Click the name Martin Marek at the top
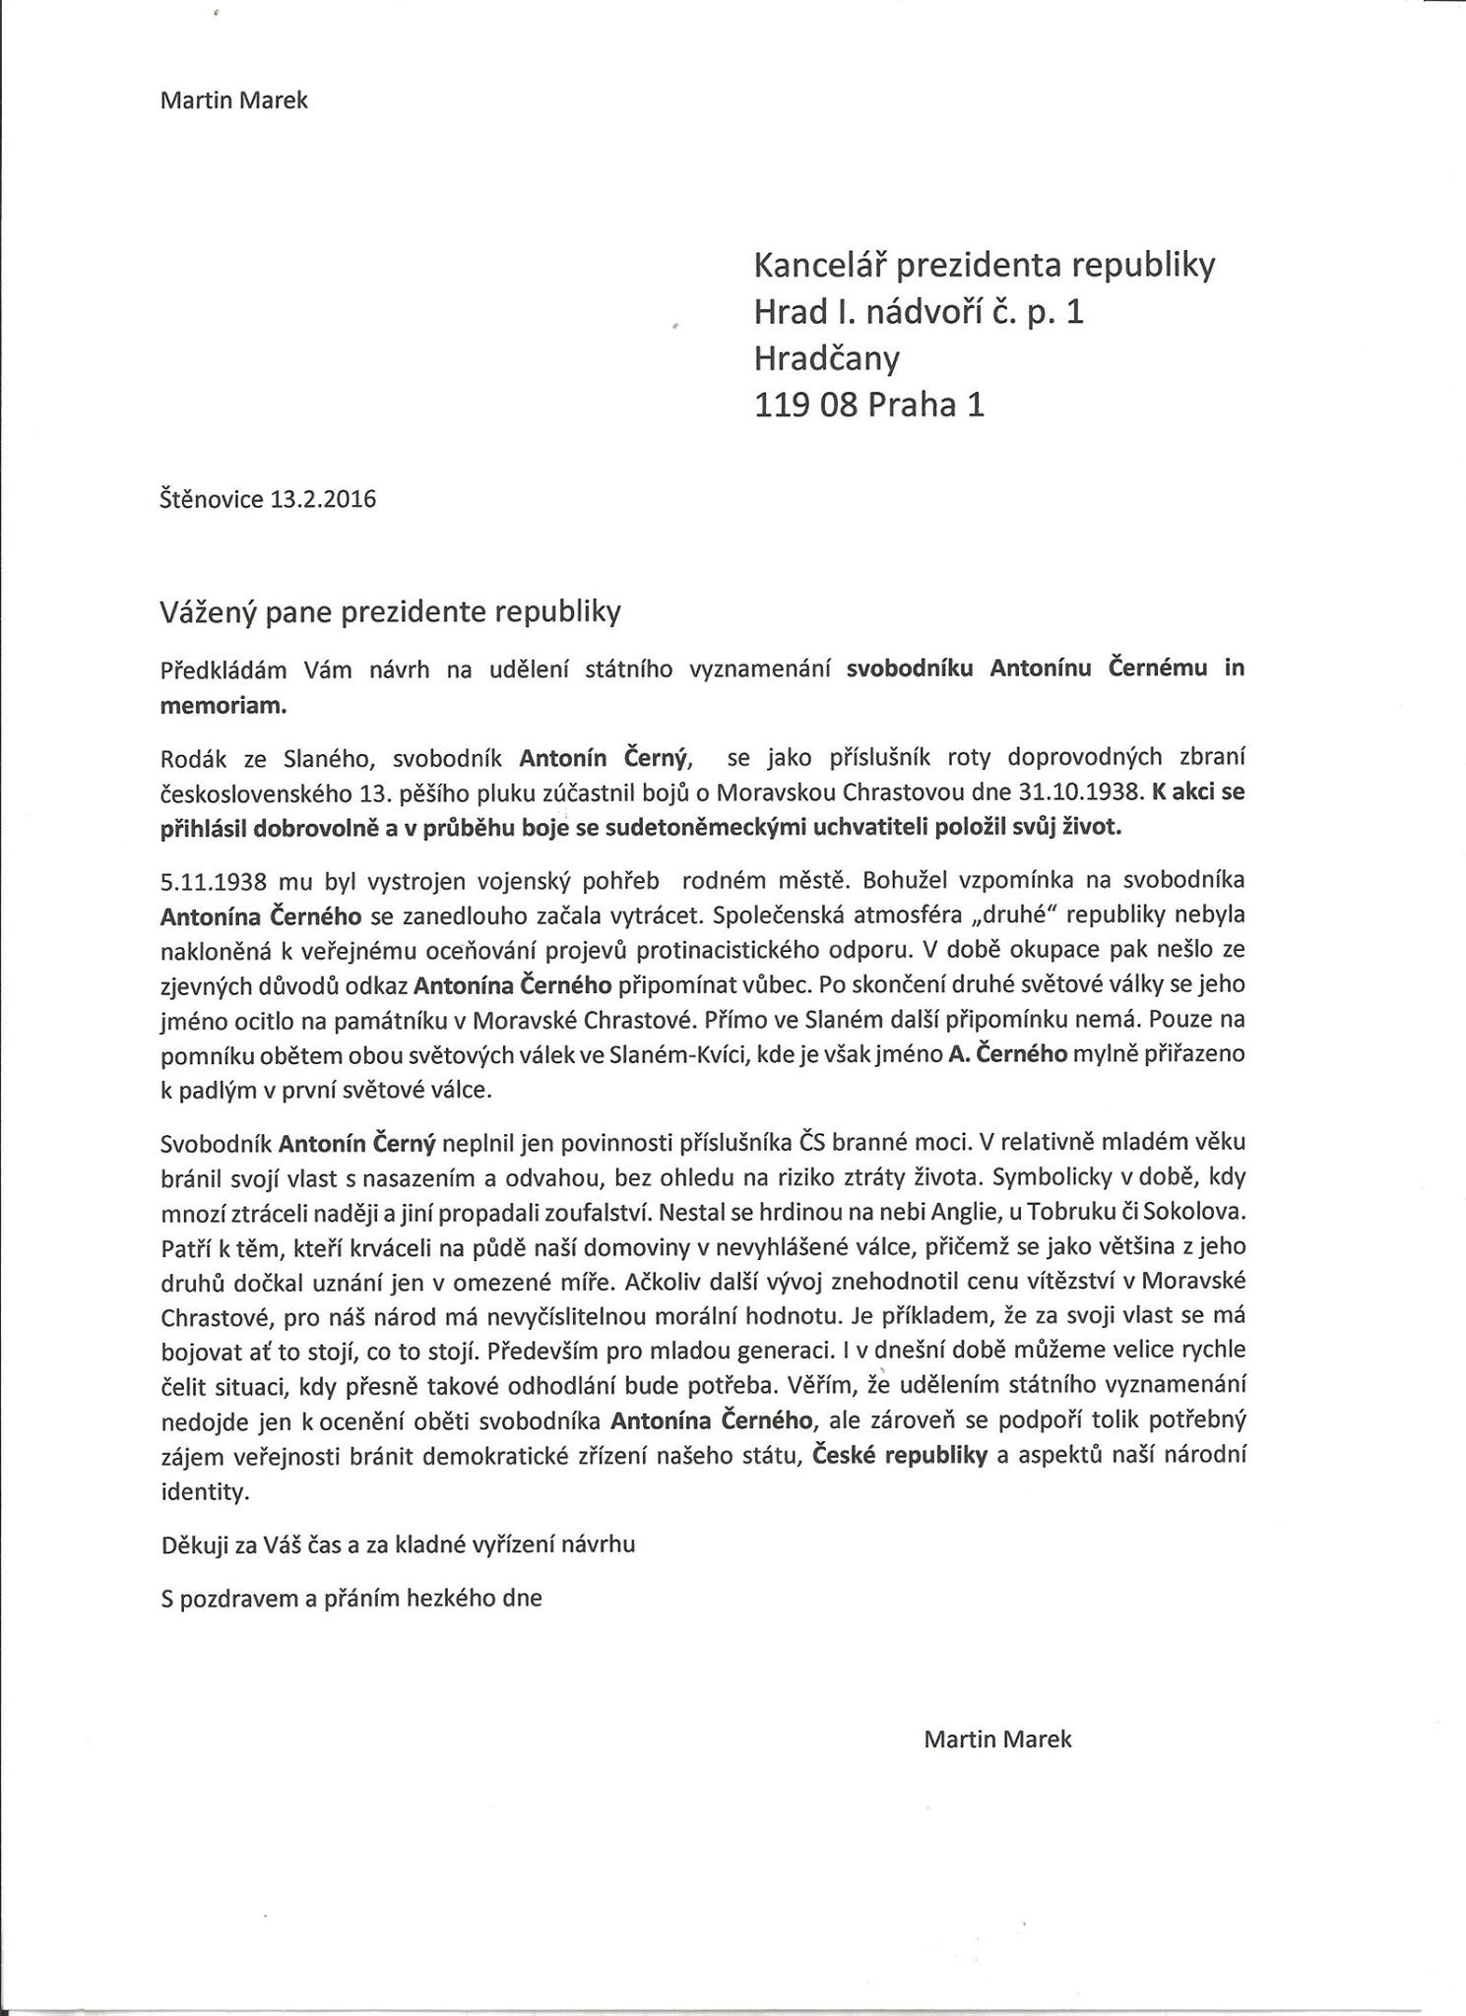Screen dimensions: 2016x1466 (233, 100)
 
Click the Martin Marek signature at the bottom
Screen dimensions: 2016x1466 (997, 1738)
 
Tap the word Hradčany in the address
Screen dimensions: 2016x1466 (826, 359)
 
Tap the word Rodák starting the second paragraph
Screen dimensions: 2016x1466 (193, 758)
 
